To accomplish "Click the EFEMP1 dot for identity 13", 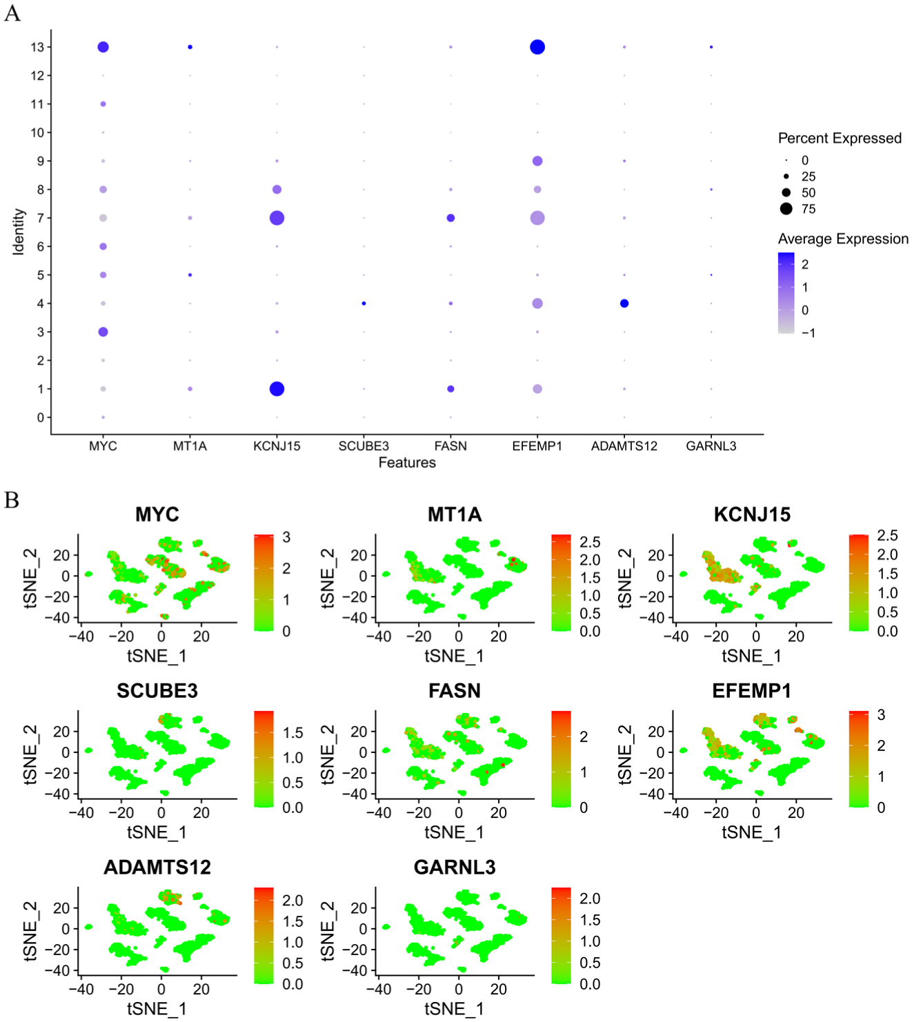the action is click(x=537, y=47).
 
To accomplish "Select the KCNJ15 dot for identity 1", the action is click(x=277, y=389).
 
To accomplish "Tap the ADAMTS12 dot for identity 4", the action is click(x=624, y=303).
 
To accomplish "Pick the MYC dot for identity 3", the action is click(x=103, y=332).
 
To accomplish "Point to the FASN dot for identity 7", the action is click(x=450, y=218).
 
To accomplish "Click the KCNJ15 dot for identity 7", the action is click(x=277, y=218).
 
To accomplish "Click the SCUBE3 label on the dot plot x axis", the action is click(x=364, y=446).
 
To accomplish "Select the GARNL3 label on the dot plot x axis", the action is click(x=711, y=446).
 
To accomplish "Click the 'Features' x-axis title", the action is click(x=407, y=463).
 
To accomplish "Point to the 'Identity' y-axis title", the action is click(x=19, y=232).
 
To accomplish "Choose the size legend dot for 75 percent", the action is click(x=786, y=208).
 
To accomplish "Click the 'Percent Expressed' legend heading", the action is click(x=840, y=138).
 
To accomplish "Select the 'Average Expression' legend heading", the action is click(x=843, y=239).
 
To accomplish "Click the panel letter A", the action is click(x=12, y=13).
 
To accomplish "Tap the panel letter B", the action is click(x=12, y=501).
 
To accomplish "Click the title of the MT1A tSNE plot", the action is click(x=454, y=514).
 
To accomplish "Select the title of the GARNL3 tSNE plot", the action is click(x=454, y=867).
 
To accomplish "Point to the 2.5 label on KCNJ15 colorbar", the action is click(x=887, y=535).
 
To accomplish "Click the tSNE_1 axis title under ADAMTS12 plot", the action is click(x=157, y=1008).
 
